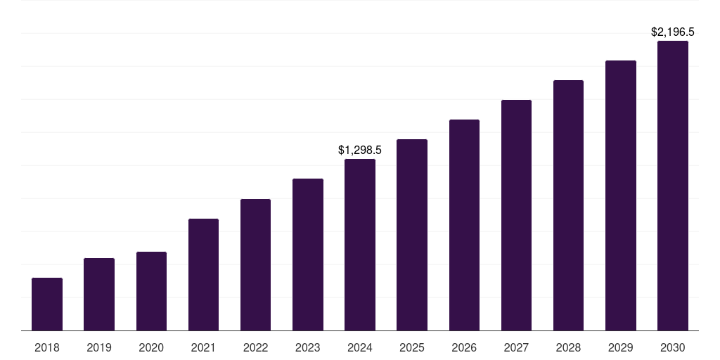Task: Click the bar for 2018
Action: pyautogui.click(x=47, y=304)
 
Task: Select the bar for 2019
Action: pyautogui.click(x=99, y=294)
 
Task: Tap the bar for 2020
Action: pyautogui.click(x=151, y=291)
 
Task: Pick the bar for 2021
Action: pyautogui.click(x=203, y=274)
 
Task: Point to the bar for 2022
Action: pyautogui.click(x=255, y=264)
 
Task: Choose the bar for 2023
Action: pyautogui.click(x=308, y=255)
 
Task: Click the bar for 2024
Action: pyautogui.click(x=360, y=245)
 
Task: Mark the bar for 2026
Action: pyautogui.click(x=464, y=225)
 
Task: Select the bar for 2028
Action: pyautogui.click(x=568, y=205)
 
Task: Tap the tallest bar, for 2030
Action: pyautogui.click(x=673, y=186)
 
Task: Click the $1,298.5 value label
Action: pyautogui.click(x=360, y=150)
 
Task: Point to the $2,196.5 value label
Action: pyautogui.click(x=673, y=32)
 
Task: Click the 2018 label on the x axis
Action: pyautogui.click(x=47, y=347)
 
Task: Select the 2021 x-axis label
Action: pyautogui.click(x=203, y=347)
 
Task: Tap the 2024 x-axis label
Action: pyautogui.click(x=360, y=347)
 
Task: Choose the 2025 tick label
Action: pyautogui.click(x=412, y=347)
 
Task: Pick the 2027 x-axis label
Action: pyautogui.click(x=516, y=347)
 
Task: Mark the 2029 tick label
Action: pyautogui.click(x=621, y=347)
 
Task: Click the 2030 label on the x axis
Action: pyautogui.click(x=673, y=347)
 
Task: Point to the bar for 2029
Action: pyautogui.click(x=621, y=195)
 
